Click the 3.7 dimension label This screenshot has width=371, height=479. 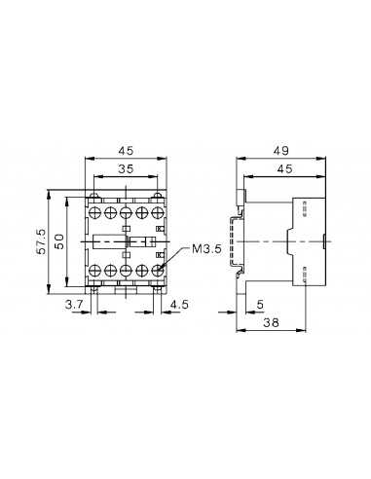(72, 306)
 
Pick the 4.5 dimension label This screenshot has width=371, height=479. (178, 306)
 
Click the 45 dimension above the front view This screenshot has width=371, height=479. (126, 151)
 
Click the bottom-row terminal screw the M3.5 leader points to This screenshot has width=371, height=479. (158, 268)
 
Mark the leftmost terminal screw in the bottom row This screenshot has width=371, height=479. (94, 268)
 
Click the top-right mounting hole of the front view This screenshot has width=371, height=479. (159, 200)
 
